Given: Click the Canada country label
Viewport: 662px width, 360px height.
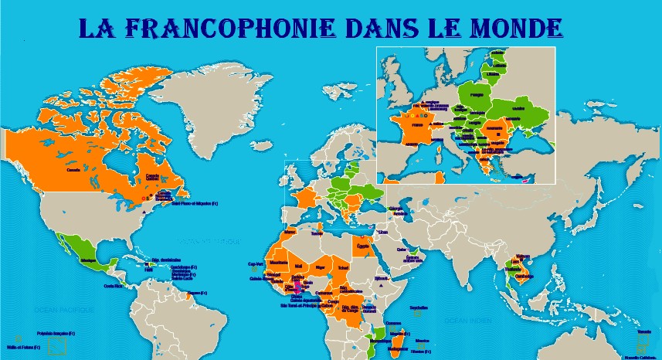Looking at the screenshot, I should coord(74,169).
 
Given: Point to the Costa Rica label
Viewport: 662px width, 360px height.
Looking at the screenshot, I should coord(113,287).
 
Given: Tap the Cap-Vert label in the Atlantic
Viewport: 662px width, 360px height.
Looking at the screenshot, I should coord(256,263).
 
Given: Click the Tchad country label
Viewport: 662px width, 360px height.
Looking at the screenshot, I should coord(343,267).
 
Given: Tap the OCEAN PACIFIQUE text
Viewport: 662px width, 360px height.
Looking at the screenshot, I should coord(63,309).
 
